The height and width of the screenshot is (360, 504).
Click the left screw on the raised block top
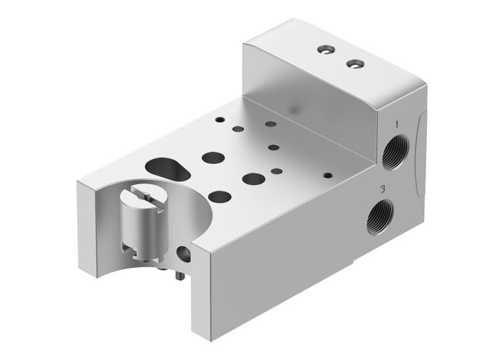324,51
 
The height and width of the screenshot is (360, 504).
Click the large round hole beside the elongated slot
212,156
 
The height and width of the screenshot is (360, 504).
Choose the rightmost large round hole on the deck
252,177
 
